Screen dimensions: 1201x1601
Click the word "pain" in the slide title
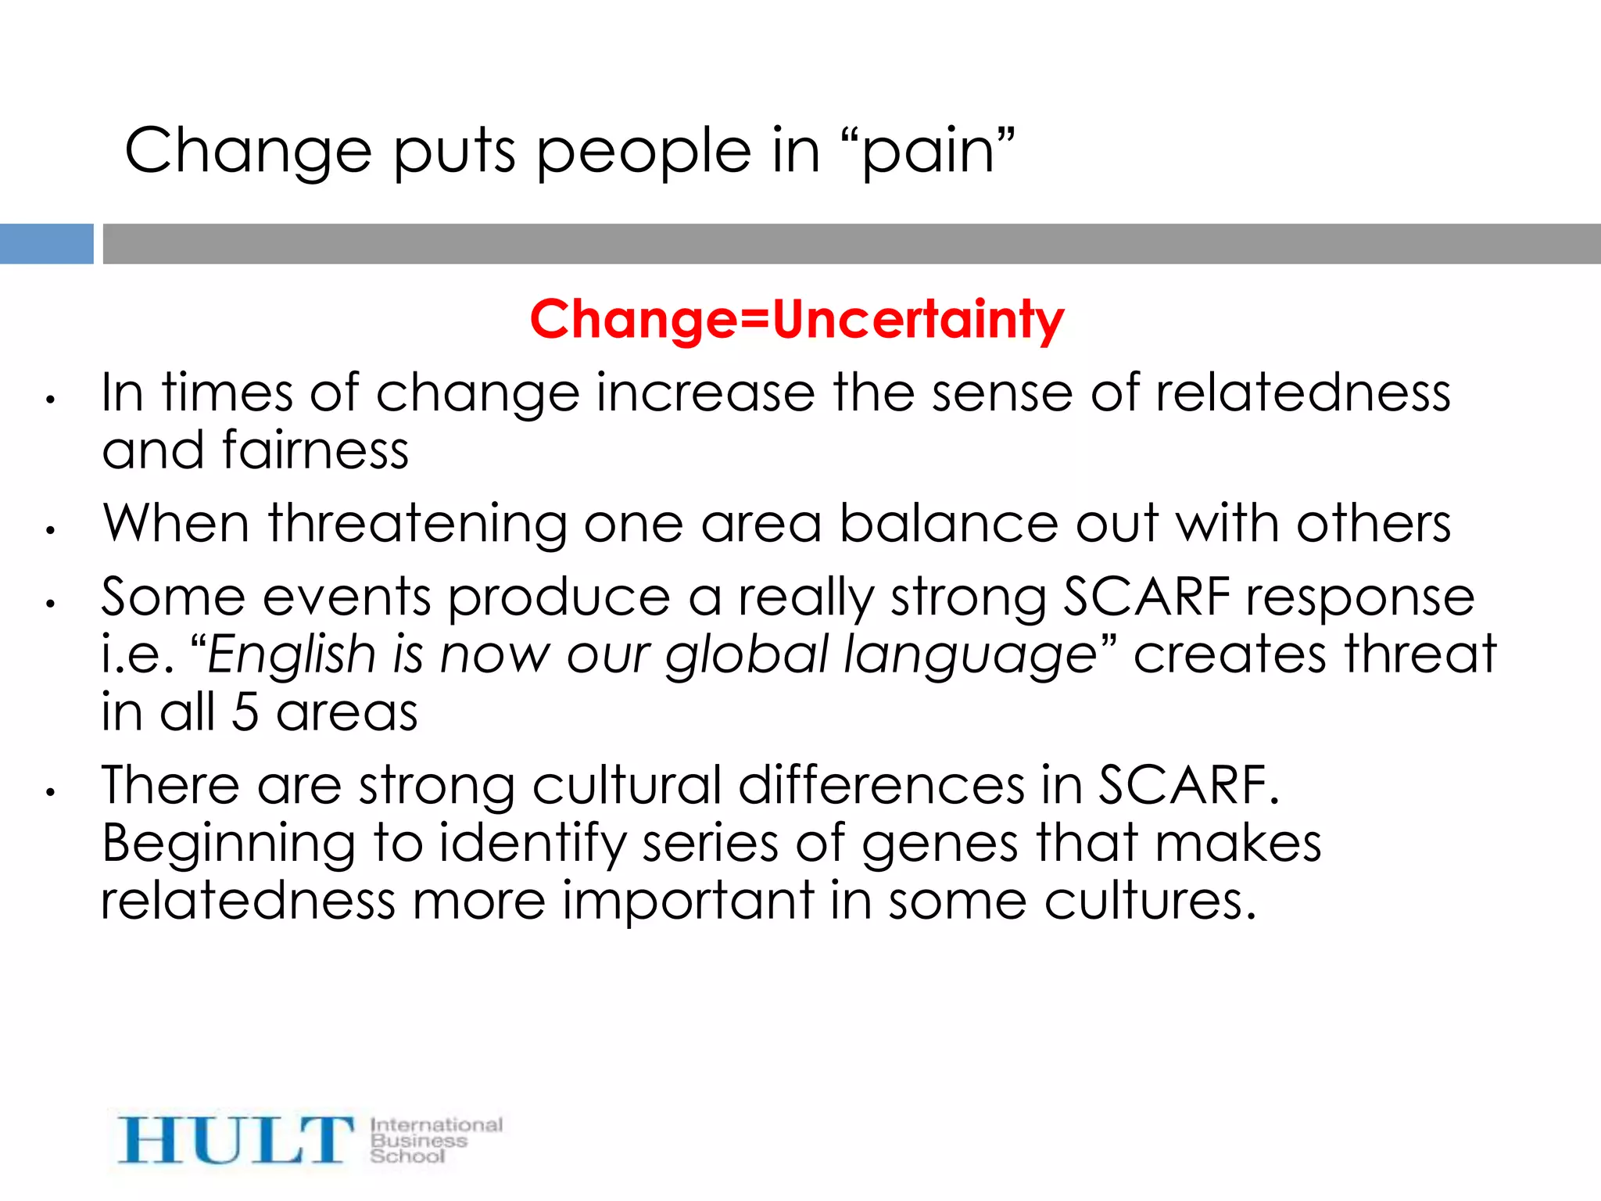click(928, 153)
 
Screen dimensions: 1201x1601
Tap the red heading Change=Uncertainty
click(797, 320)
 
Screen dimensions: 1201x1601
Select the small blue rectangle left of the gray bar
click(46, 244)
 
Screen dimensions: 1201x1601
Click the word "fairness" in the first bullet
click(315, 451)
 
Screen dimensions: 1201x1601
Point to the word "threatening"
click(417, 524)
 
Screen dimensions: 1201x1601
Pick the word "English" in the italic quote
click(292, 654)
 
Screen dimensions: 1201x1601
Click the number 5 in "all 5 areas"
click(245, 712)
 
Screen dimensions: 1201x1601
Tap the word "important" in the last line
click(688, 902)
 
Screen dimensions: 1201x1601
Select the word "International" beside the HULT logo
click(436, 1125)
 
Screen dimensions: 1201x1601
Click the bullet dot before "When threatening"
click(50, 531)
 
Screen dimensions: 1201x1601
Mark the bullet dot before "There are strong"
click(50, 792)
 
